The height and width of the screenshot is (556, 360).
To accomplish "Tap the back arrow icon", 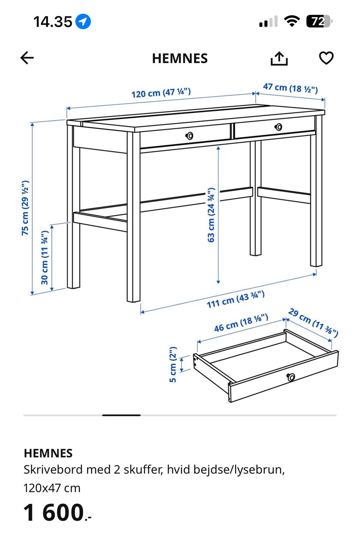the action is [x=27, y=58].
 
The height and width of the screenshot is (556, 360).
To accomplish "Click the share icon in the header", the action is [x=279, y=58].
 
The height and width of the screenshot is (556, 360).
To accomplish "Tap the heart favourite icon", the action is [x=326, y=58].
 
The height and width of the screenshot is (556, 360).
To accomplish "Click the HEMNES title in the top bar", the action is [x=180, y=58].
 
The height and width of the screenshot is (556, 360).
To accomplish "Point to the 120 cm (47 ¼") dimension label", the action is [x=161, y=93].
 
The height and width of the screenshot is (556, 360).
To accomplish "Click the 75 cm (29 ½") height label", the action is [x=25, y=208].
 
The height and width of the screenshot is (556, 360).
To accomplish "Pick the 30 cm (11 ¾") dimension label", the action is [x=45, y=258].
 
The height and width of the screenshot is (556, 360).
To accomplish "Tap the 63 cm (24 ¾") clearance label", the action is [x=211, y=215].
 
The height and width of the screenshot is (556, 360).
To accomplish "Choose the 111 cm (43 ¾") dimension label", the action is [x=235, y=299].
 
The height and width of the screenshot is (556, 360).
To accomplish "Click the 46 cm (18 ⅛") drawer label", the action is [x=241, y=323].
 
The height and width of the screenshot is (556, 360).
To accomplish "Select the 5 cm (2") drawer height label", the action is [x=173, y=364].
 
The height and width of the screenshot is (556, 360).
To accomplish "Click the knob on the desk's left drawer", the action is [x=189, y=135].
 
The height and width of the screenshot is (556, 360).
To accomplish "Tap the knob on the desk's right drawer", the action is [x=278, y=127].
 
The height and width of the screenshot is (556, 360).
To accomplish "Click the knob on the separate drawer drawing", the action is [x=291, y=377].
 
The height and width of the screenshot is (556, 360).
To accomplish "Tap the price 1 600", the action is [x=57, y=513].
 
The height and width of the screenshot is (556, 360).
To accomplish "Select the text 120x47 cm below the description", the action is [x=52, y=488].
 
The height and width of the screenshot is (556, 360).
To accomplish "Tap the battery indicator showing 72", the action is [x=319, y=21].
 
